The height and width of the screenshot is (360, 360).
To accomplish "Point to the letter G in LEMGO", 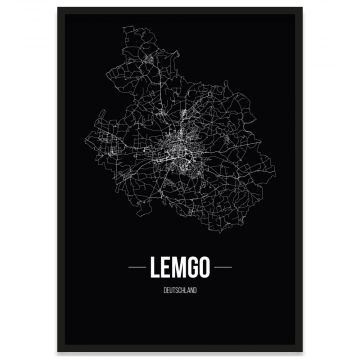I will point(195,266).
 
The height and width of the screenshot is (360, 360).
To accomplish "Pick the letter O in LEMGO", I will point(210,266).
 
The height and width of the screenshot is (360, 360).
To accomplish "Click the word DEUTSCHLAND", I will point(180,290).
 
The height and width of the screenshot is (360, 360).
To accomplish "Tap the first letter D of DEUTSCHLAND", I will point(162,290).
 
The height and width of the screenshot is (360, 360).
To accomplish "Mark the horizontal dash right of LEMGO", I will point(233,267).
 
